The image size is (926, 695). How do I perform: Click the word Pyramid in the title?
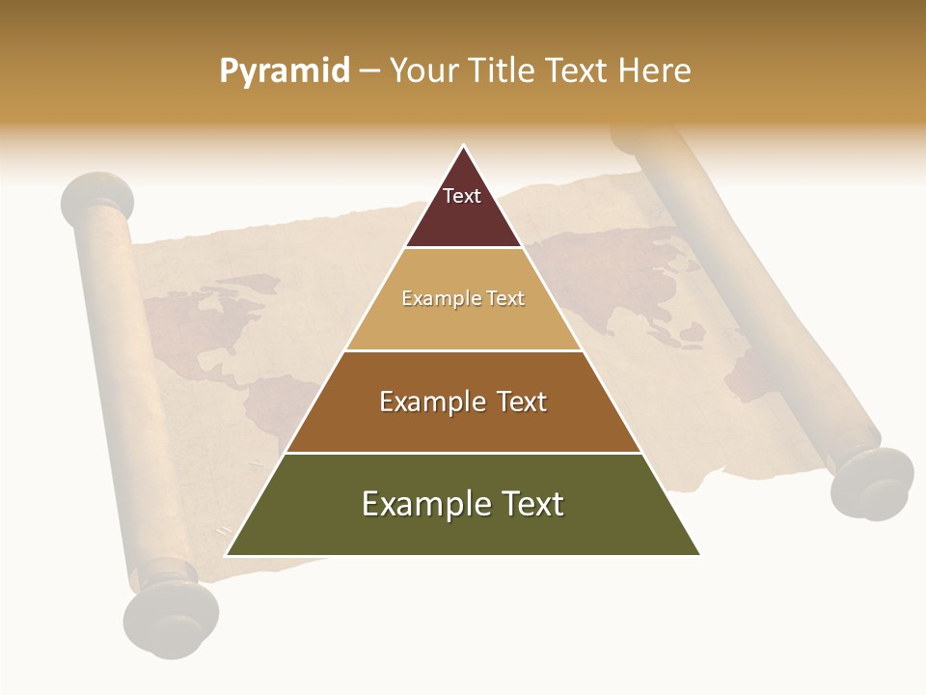click(285, 70)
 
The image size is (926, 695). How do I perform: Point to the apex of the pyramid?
click(463, 147)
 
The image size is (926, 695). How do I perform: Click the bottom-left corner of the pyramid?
click(228, 555)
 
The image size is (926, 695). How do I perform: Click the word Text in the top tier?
click(462, 196)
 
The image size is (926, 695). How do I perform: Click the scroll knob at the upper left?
click(96, 196)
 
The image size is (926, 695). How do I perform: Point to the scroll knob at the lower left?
click(171, 618)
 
